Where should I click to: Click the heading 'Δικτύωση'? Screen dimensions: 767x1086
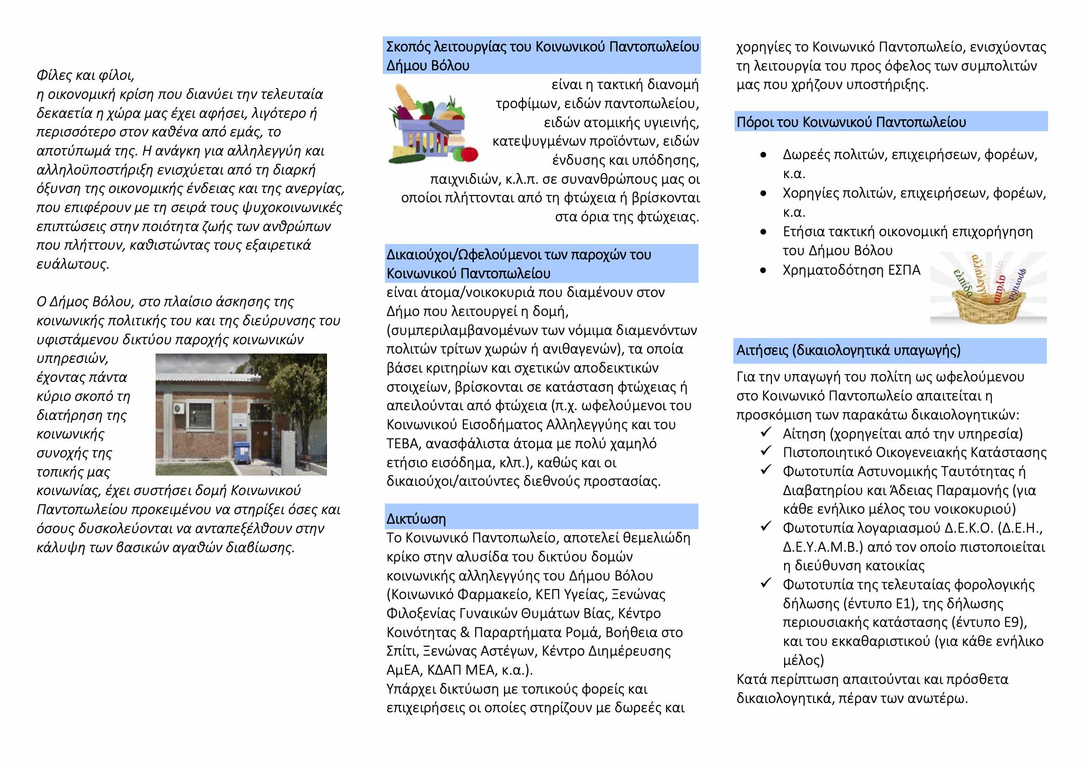416,518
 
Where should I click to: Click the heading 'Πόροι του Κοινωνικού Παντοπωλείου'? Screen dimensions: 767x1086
851,122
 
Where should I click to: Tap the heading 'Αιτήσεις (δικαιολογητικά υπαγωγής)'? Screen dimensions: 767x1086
849,350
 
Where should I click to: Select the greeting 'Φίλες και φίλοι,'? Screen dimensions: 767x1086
85,75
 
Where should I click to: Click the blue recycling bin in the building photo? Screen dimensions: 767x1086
242,452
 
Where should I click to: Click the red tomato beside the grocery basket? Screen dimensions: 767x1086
469,154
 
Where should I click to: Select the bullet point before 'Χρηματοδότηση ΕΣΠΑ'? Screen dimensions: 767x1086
763,271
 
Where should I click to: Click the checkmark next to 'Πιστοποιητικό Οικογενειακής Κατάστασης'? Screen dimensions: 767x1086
766,451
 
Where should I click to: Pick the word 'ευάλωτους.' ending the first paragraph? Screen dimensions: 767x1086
73,264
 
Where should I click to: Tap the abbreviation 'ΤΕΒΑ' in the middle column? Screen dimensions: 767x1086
403,443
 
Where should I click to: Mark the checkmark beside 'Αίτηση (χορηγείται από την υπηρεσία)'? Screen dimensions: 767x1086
766,432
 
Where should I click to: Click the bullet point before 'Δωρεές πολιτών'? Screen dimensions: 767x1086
763,155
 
